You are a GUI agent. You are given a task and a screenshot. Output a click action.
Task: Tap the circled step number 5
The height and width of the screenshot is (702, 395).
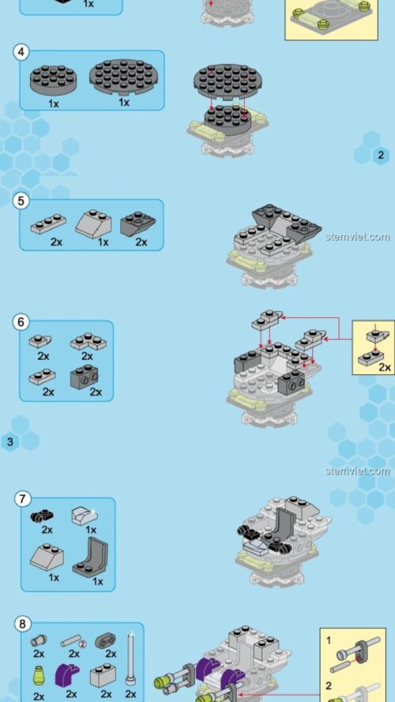pos(22,201)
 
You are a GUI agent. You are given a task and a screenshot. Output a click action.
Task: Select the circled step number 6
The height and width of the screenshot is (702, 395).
pos(22,322)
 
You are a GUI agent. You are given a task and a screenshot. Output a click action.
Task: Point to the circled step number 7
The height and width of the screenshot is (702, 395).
pos(23,499)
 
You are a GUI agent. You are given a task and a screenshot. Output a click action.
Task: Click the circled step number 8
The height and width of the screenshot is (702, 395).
pos(22,624)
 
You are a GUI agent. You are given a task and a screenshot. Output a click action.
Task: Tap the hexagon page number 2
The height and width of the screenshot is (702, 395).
pos(381,155)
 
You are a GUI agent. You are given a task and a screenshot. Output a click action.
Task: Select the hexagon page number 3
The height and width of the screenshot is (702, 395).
pos(10,441)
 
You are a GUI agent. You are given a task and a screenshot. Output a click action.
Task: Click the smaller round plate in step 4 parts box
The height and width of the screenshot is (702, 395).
pos(54,80)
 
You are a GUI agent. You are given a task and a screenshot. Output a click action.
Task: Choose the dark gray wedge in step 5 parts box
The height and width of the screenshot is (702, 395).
pos(137,224)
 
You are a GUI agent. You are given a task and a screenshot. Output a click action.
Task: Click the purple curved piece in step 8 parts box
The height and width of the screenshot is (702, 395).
pos(68,675)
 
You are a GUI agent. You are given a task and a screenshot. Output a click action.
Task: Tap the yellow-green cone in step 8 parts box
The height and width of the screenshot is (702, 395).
pos(39,675)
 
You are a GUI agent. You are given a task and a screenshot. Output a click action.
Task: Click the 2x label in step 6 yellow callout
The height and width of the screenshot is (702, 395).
pos(385,367)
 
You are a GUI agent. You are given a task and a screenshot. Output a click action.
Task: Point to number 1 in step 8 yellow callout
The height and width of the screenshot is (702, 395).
pos(329,637)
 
